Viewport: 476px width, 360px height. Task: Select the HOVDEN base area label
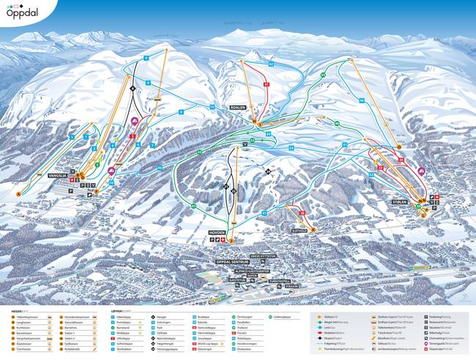tap(220, 233)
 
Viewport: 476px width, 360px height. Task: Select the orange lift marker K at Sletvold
tap(310, 230)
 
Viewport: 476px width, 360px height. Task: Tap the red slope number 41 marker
tap(267, 85)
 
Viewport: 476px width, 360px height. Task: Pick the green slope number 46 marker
tap(338, 124)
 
